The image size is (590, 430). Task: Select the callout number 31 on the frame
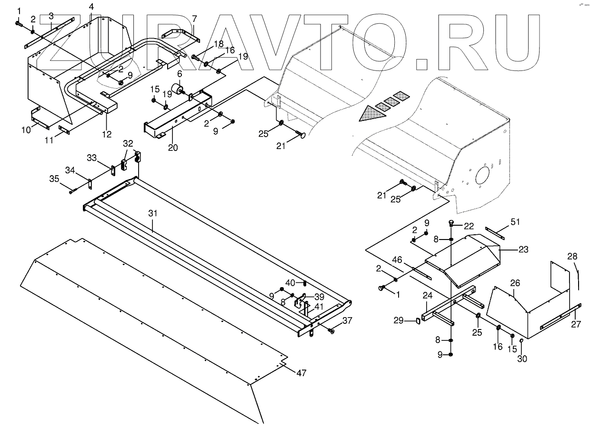(x=152, y=214)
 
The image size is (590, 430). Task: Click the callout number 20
(x=172, y=148)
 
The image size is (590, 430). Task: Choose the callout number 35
(x=55, y=180)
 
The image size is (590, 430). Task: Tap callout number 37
(x=348, y=320)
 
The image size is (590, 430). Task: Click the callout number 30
(x=522, y=359)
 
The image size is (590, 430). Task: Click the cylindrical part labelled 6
(x=178, y=90)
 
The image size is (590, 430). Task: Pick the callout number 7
(x=194, y=20)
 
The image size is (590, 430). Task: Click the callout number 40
(x=290, y=282)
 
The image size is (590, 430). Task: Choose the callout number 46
(x=397, y=260)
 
